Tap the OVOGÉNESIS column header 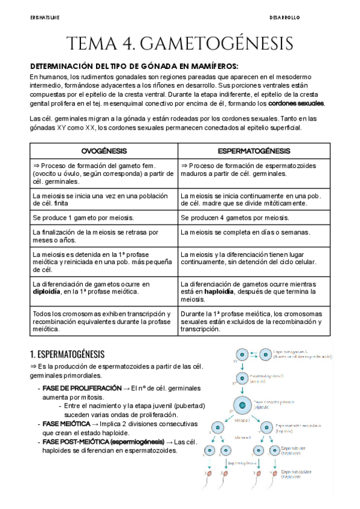coord(104,151)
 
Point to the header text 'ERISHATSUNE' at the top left coord(44,19)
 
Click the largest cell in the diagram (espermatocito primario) coord(242,405)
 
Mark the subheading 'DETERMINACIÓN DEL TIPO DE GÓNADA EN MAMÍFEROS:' coord(134,66)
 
